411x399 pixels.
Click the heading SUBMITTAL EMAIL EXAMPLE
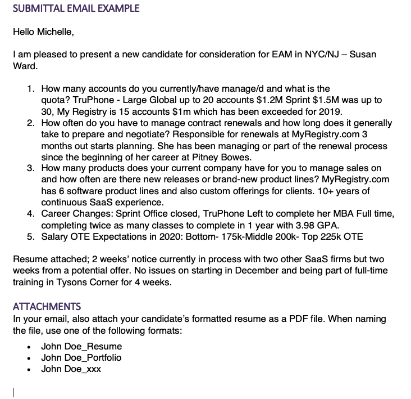coord(76,8)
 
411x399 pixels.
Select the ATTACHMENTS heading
coord(47,307)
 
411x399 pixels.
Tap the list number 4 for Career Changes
coord(31,214)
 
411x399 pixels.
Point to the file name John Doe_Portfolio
coord(81,357)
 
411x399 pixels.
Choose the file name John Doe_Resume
coord(81,346)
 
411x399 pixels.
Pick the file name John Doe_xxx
coord(71,369)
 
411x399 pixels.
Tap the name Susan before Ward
coord(363,55)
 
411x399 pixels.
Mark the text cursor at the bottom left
coord(13,392)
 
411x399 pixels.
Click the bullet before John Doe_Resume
coord(28,347)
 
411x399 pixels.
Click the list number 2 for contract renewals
coord(31,123)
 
